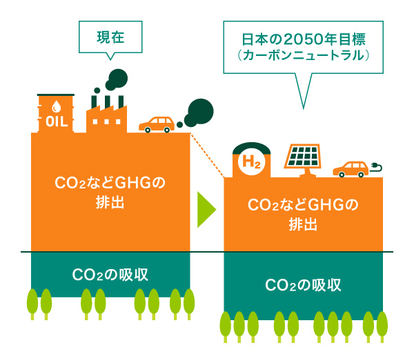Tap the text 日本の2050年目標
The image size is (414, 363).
coord(303,39)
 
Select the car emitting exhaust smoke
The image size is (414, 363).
coord(157,124)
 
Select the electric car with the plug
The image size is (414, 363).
coord(351,169)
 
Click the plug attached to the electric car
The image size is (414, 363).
coord(377,166)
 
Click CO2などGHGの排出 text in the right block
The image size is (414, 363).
coord(304,214)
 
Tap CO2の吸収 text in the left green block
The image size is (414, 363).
coord(110,274)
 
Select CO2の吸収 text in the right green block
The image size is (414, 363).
coord(304,285)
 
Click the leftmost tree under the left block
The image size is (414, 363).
coord(32,304)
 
